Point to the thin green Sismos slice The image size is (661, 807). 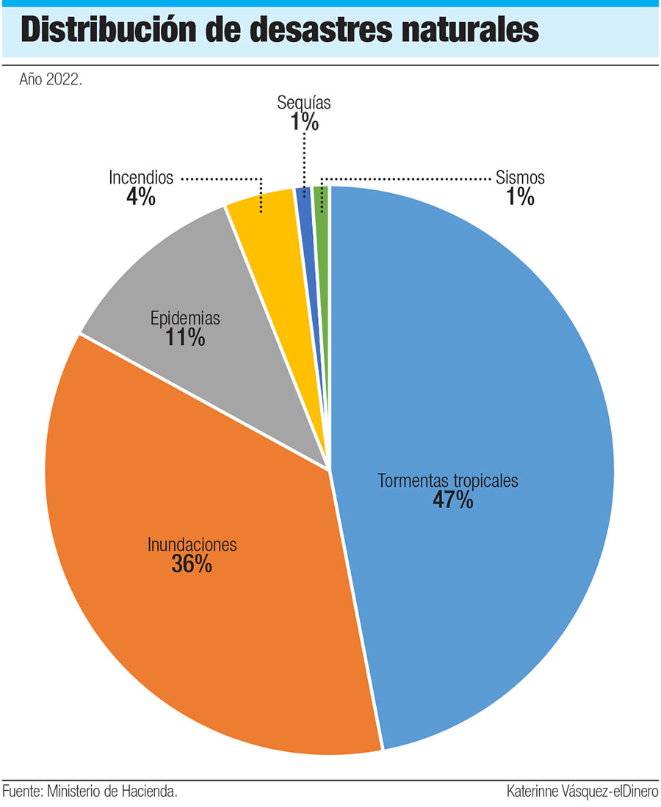point(322,220)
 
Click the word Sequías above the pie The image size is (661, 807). point(304,103)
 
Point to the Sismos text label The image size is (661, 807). point(520,178)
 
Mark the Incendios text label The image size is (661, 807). point(141,178)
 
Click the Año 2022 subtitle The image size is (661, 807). point(50,79)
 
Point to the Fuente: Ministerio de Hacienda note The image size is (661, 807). point(90,792)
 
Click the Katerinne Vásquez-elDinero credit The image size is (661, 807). point(582,792)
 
